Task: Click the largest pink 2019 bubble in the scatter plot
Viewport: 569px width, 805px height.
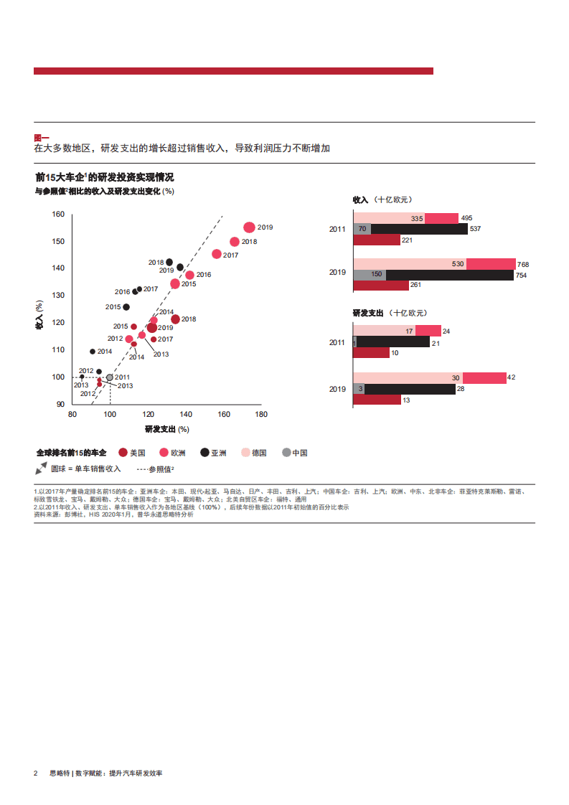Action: coord(249,227)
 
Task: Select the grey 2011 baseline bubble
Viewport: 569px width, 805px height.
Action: coord(110,377)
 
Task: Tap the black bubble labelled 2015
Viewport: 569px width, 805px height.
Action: coord(126,307)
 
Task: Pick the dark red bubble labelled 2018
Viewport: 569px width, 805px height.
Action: coord(175,319)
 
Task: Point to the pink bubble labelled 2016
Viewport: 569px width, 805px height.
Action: coord(189,275)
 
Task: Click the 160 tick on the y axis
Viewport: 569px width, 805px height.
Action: coord(58,215)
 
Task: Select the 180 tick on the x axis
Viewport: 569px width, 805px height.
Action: coord(261,415)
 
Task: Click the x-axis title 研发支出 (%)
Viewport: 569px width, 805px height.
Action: coord(166,429)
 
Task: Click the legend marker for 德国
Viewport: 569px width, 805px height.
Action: coord(245,453)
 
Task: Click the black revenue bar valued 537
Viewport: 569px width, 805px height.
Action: coord(420,230)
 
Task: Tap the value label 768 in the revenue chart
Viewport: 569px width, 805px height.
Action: coord(522,264)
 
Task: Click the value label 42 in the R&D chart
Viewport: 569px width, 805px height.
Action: coord(511,377)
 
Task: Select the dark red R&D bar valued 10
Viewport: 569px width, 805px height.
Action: coord(372,352)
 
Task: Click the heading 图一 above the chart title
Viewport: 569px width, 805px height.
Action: coord(42,138)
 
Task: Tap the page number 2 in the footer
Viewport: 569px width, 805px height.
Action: coord(35,773)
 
